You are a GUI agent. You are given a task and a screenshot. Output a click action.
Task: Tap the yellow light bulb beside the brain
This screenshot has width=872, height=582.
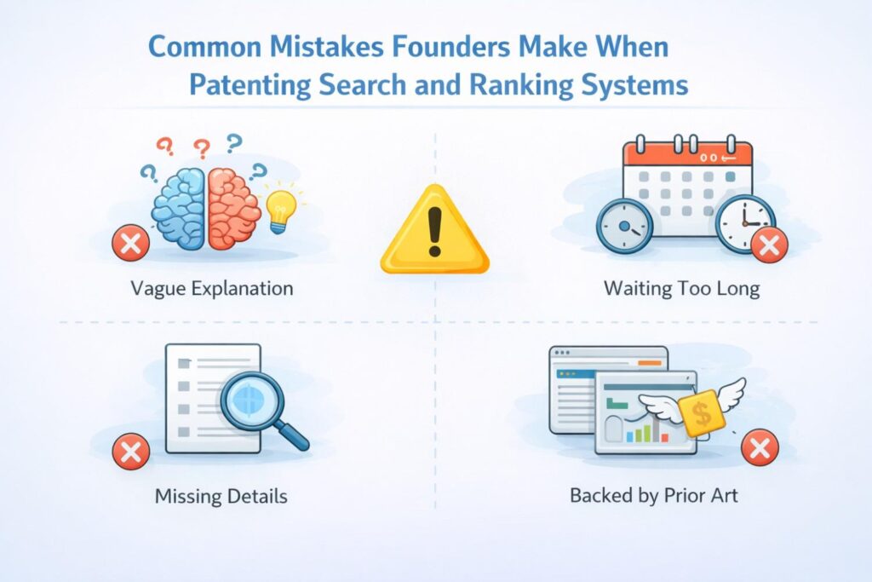coord(281,207)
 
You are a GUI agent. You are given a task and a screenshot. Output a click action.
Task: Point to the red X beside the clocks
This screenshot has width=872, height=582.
coord(769,245)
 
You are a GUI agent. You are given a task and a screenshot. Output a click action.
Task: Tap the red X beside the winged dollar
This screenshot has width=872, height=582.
coord(760,448)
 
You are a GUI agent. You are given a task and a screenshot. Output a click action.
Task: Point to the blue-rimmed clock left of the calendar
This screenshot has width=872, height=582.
coord(624,226)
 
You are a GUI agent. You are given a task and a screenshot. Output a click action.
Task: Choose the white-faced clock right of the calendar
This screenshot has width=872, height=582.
coord(743,222)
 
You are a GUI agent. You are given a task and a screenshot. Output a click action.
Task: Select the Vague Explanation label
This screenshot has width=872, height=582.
coord(212,288)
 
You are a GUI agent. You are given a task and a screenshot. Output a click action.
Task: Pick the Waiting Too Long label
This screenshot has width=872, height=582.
coord(681,288)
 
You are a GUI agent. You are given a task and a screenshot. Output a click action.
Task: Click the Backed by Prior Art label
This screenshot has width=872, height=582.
coord(654,495)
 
